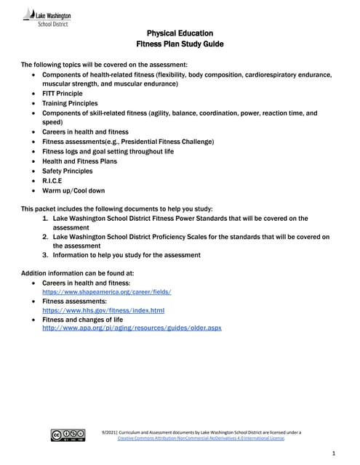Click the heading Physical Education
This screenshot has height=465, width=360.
(180, 33)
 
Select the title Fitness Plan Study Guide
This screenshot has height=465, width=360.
(180, 44)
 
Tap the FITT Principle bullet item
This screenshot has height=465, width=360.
(62, 94)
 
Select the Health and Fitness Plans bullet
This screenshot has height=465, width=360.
(79, 161)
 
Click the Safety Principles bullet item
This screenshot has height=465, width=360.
(68, 171)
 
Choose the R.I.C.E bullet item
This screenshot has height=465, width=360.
(52, 180)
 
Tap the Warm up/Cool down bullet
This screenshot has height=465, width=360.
(73, 190)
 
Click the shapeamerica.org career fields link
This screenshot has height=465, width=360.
(107, 291)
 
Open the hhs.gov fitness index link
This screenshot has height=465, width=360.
(103, 310)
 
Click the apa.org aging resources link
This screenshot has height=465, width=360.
(132, 328)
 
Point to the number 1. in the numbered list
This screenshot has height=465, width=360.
(46, 218)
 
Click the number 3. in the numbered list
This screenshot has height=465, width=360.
(46, 255)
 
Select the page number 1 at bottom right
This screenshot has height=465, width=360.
(332, 453)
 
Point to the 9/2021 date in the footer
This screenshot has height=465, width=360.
(111, 432)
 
